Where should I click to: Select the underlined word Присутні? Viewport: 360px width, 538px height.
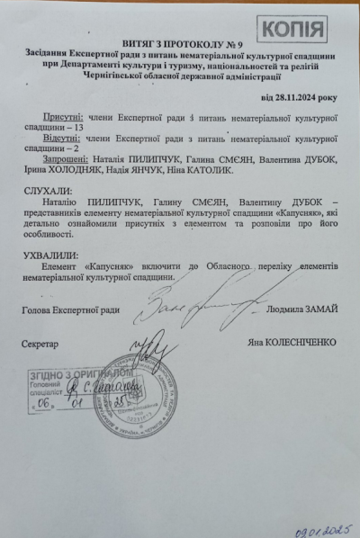pos(62,118)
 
